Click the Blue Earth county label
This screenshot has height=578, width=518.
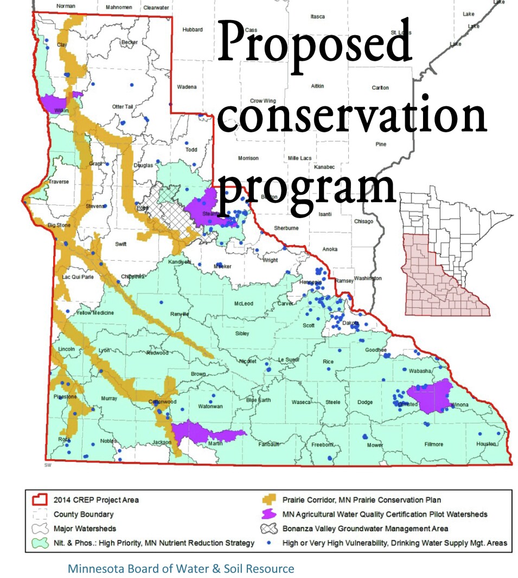(258, 400)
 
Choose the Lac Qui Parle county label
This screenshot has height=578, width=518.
(74, 277)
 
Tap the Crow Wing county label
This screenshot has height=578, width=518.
(263, 101)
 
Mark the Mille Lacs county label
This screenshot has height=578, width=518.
(298, 158)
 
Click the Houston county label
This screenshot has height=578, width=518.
(486, 444)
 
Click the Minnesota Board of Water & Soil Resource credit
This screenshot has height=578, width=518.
(181, 569)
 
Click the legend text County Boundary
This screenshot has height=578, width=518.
(83, 514)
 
